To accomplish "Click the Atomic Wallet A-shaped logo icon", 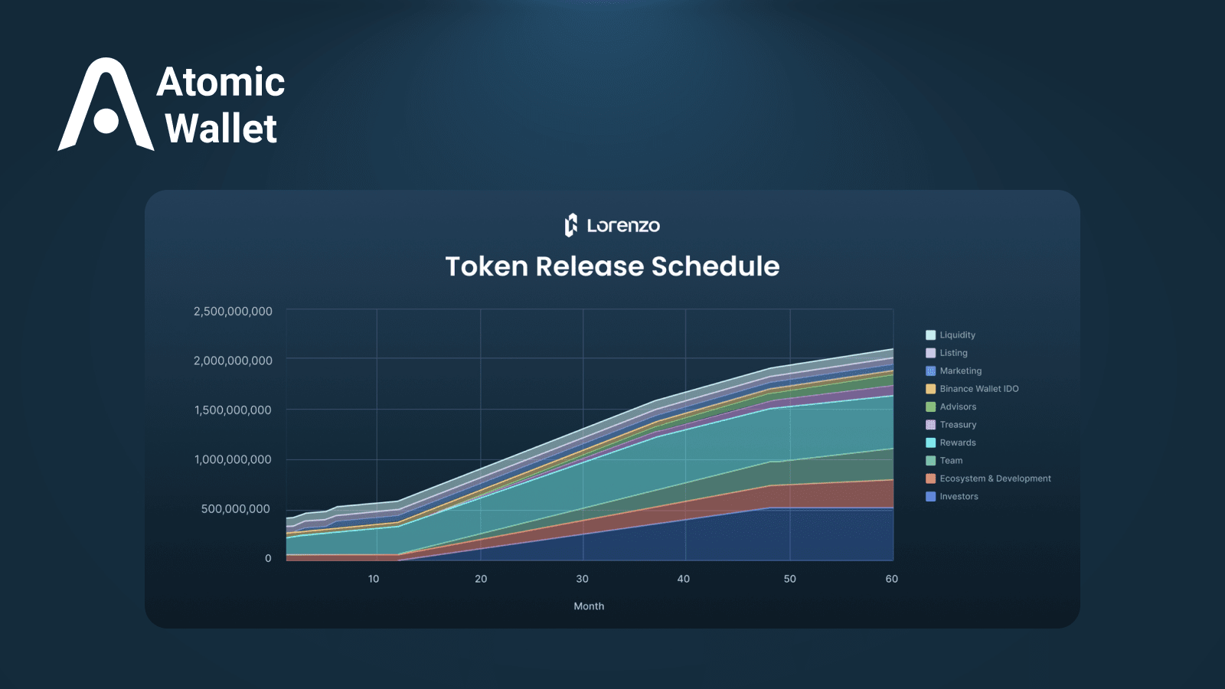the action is tap(105, 104).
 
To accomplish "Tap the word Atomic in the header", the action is tap(220, 82).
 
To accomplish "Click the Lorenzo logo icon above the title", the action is tap(571, 225).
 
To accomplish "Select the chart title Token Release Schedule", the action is tap(612, 266).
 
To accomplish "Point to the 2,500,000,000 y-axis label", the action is tap(233, 311).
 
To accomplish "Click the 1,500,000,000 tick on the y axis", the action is tap(233, 410).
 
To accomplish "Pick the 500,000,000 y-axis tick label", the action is tap(236, 508).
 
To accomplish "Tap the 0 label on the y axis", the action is tap(268, 558).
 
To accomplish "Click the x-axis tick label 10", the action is tap(374, 579).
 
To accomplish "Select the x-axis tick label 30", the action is tap(583, 579).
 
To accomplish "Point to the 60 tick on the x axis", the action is tap(891, 579).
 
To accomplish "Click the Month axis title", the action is tap(589, 606).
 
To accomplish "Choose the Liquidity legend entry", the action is tap(950, 335).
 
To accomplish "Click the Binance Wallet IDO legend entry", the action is tap(972, 389).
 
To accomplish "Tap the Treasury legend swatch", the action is tap(930, 425).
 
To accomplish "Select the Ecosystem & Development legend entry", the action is tap(988, 478).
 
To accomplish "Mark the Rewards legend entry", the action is tap(951, 442).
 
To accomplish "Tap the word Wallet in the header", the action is tap(221, 129).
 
